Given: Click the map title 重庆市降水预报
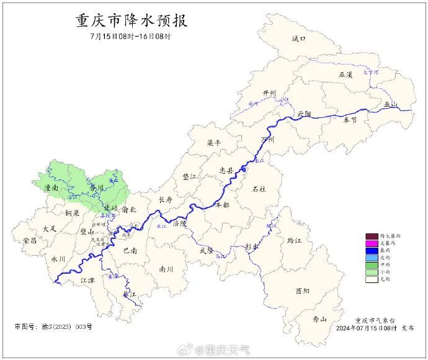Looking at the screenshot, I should (131, 20).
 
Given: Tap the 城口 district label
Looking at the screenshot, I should (299, 39).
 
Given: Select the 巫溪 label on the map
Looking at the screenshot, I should (346, 74).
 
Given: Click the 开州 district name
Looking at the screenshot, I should (270, 93).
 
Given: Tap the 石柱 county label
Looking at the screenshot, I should (259, 189).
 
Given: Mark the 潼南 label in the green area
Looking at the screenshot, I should (51, 187).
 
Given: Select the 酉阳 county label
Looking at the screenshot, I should (302, 290).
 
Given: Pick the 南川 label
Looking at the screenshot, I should (166, 269).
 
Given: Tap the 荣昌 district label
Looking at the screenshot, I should (30, 240).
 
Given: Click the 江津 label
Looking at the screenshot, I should (88, 281).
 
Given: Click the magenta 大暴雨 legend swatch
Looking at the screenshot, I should (372, 245).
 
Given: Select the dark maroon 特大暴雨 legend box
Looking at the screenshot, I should (372, 236).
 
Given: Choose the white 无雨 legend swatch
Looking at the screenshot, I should (372, 279).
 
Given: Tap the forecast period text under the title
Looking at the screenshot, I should (130, 36).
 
